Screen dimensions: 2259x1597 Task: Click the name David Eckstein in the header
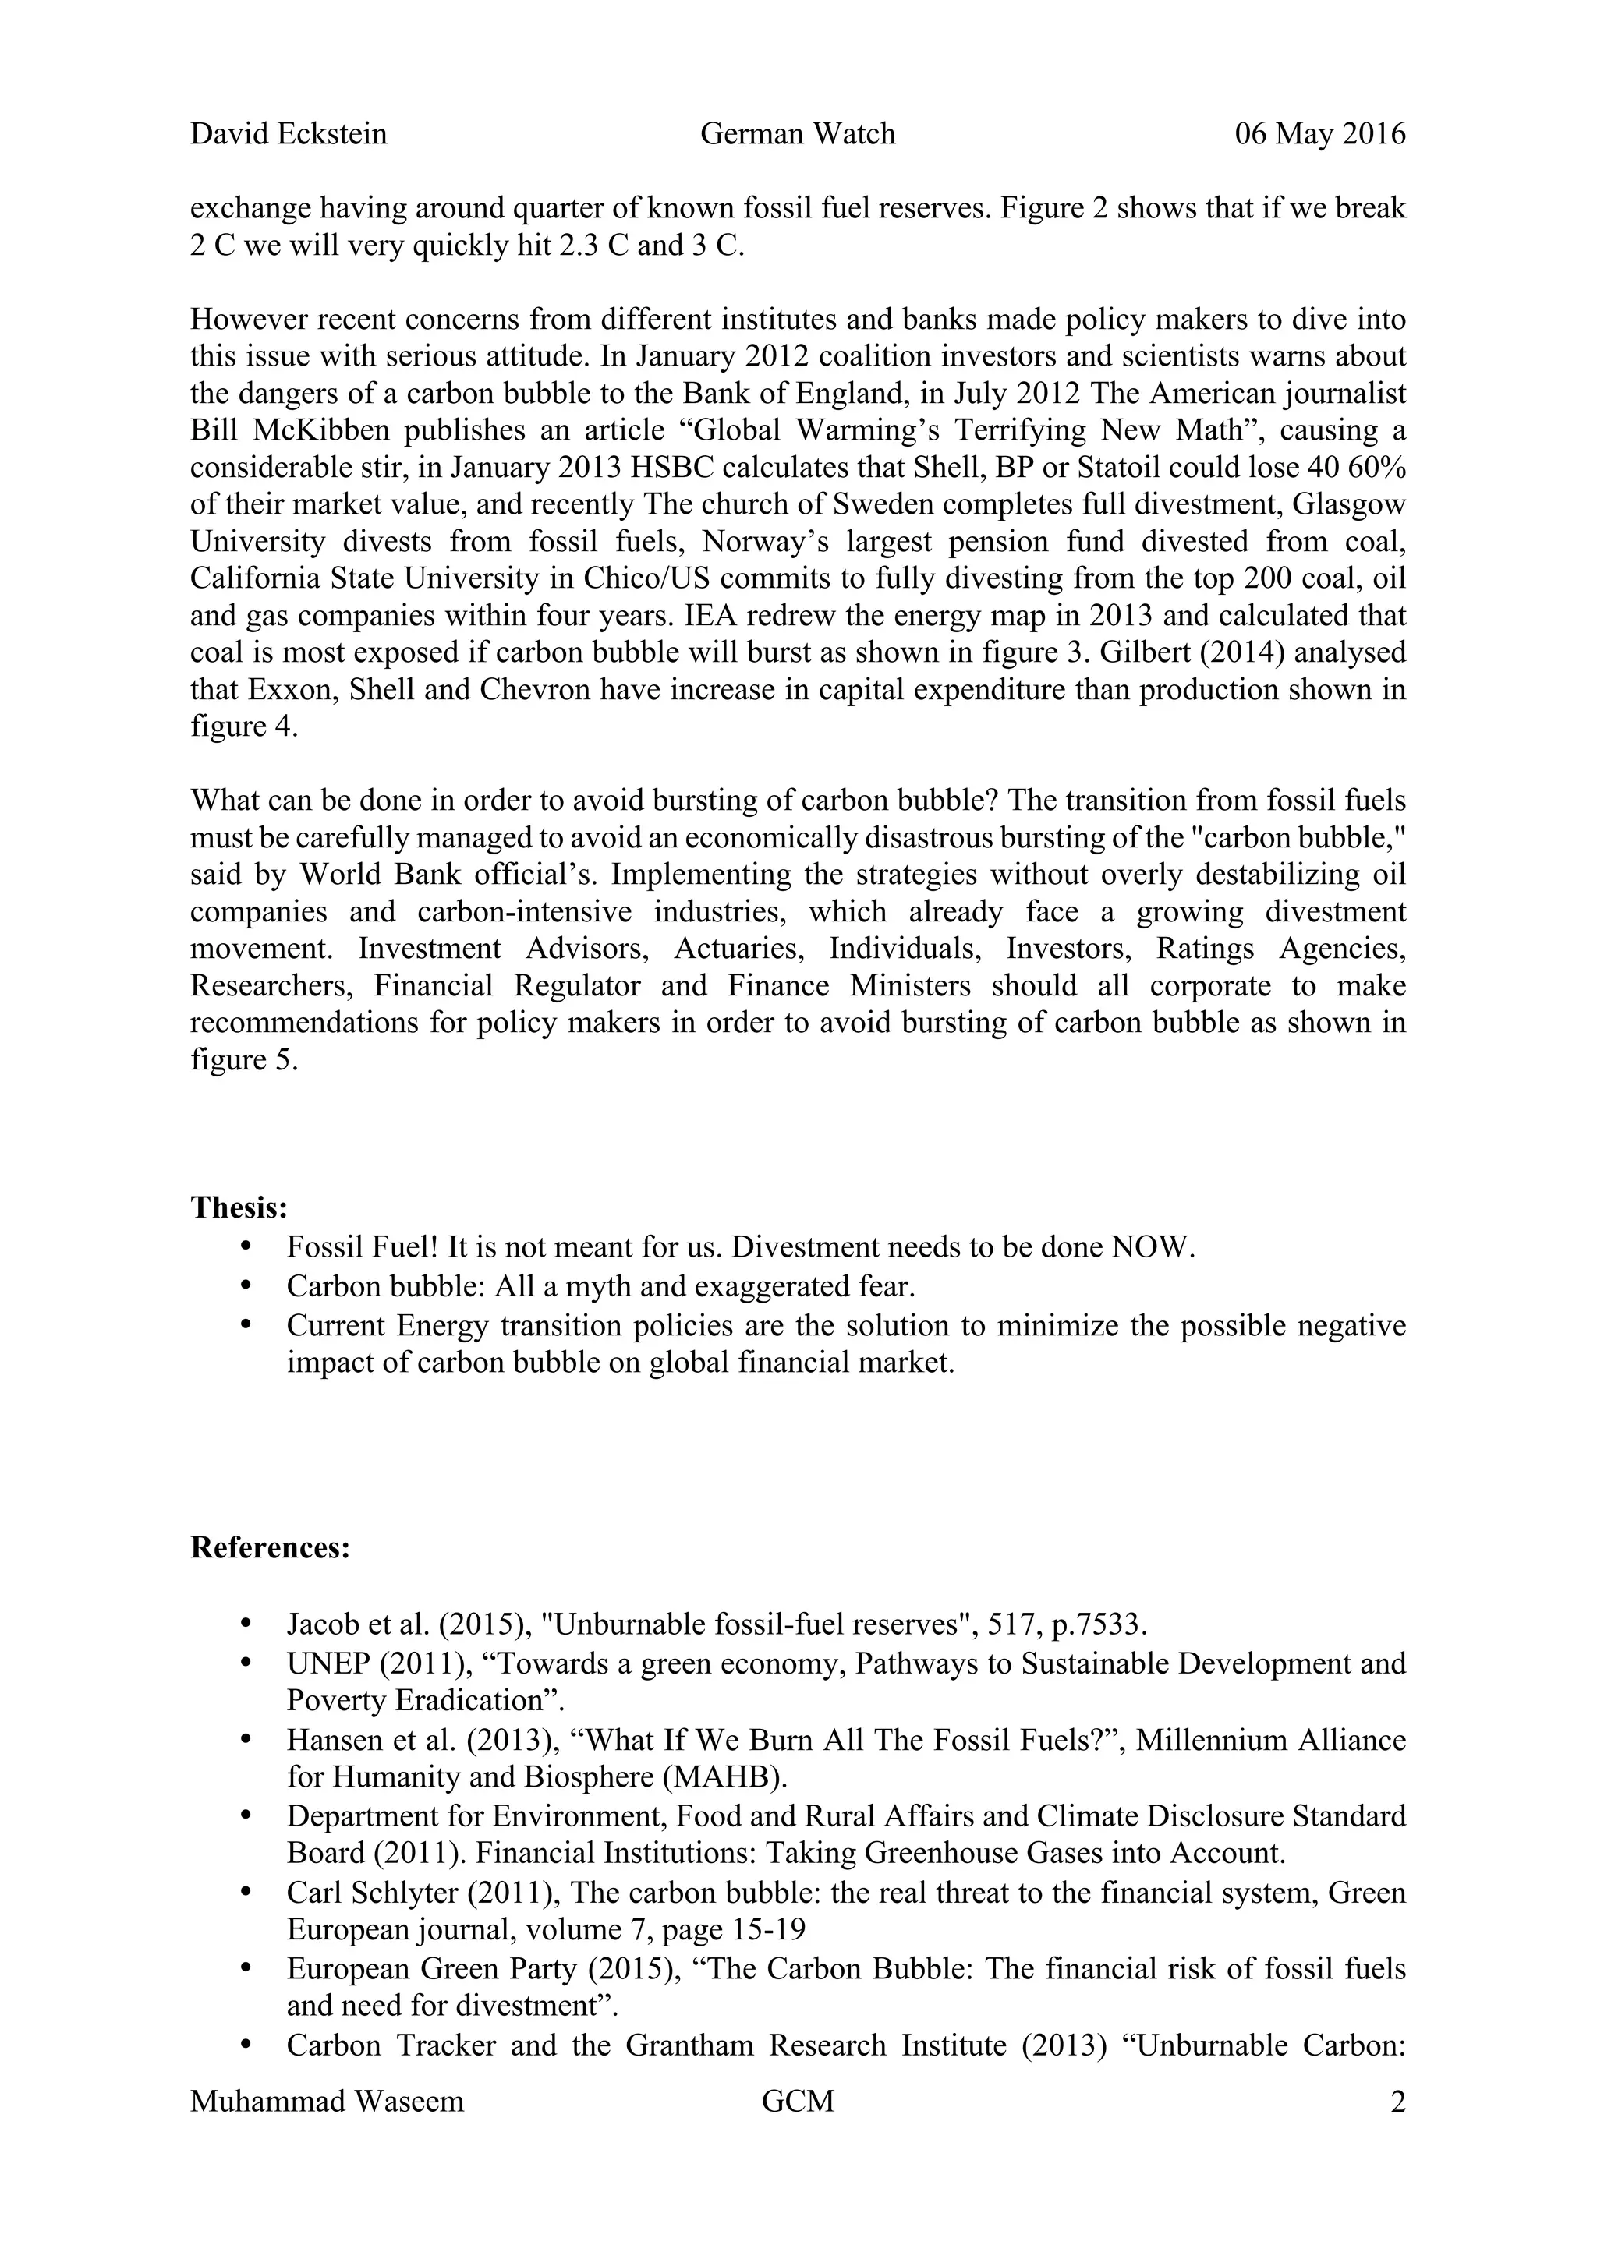click(x=289, y=134)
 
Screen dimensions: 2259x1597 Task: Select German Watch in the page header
click(x=797, y=134)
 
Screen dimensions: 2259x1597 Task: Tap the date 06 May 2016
click(x=1319, y=134)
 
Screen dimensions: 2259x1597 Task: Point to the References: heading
click(x=271, y=1547)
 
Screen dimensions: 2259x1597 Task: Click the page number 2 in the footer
click(x=1397, y=2102)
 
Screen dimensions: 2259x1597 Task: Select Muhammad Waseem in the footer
click(x=327, y=2102)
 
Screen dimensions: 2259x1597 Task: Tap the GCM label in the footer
click(x=797, y=2102)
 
